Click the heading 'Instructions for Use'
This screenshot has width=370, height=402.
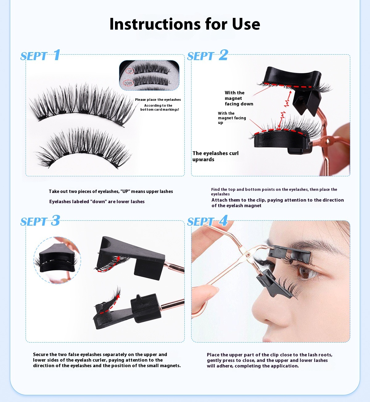[x=185, y=24]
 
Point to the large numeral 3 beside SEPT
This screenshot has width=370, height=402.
[x=55, y=220]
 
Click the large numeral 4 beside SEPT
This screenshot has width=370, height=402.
[x=223, y=220]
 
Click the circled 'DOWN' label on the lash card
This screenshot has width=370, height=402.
[x=128, y=83]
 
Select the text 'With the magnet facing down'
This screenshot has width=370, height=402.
[x=239, y=98]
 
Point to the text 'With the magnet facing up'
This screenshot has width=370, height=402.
[x=232, y=118]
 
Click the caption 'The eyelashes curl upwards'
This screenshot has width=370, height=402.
[x=216, y=156]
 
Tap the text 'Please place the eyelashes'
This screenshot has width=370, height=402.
[x=158, y=100]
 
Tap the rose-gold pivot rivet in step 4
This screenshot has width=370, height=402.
[x=248, y=255]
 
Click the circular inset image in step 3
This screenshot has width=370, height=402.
[x=57, y=260]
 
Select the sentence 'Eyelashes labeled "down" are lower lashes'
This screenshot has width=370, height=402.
[x=97, y=201]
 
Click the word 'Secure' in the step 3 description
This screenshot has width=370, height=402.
[x=41, y=354]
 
